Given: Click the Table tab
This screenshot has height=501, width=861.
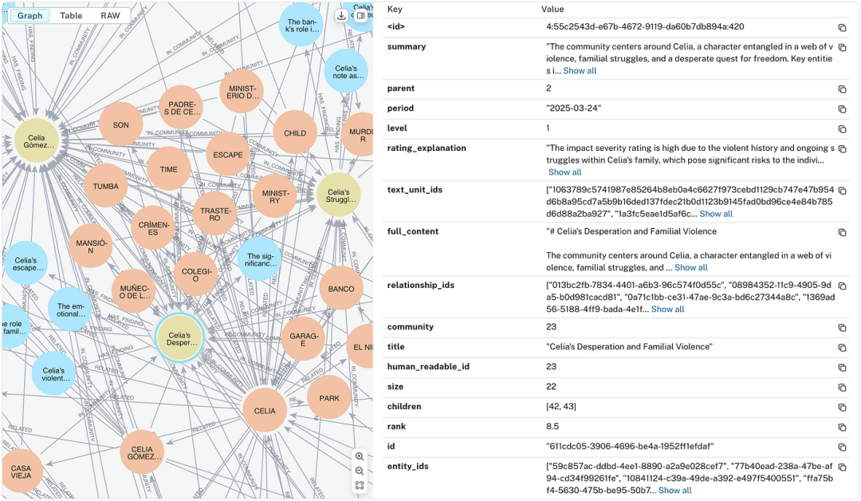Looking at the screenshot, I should pyautogui.click(x=71, y=15).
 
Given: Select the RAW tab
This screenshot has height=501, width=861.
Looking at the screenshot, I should pyautogui.click(x=110, y=15).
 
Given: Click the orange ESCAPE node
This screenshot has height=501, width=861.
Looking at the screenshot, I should pyautogui.click(x=228, y=155).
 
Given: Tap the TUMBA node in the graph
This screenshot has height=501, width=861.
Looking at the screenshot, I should pyautogui.click(x=105, y=186).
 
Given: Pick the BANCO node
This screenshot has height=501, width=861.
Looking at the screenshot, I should pyautogui.click(x=341, y=289).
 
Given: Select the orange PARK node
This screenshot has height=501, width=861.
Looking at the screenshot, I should pyautogui.click(x=328, y=398).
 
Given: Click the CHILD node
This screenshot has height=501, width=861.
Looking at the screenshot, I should pyautogui.click(x=295, y=133).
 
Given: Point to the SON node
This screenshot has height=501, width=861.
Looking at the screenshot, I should pyautogui.click(x=120, y=125).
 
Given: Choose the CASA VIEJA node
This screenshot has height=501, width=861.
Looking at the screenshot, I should pyautogui.click(x=22, y=471).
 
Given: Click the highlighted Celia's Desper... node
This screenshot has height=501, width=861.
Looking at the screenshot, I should pyautogui.click(x=179, y=340).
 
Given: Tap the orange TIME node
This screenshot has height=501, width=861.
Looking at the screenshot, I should pyautogui.click(x=168, y=169).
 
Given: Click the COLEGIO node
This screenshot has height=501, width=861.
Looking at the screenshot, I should pyautogui.click(x=195, y=274).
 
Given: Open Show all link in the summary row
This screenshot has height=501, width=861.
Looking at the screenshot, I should pyautogui.click(x=580, y=71).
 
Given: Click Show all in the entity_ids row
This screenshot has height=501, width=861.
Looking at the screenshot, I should pyautogui.click(x=674, y=491).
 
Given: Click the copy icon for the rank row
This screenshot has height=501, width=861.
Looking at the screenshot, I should pyautogui.click(x=842, y=427).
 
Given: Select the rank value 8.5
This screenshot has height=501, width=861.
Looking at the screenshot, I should pyautogui.click(x=554, y=427).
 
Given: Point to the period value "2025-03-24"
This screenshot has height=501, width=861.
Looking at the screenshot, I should pyautogui.click(x=573, y=108).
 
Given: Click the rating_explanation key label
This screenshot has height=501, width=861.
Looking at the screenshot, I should pyautogui.click(x=427, y=148).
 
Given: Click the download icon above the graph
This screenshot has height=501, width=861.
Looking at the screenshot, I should pyautogui.click(x=341, y=15).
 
